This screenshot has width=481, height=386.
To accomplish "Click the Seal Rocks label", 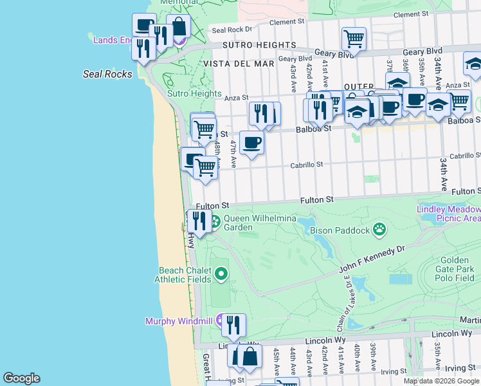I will pyautogui.click(x=107, y=74).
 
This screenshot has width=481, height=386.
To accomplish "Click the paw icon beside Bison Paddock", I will pyautogui.click(x=380, y=228).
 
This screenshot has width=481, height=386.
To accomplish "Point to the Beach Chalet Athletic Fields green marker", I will pyautogui.click(x=221, y=275).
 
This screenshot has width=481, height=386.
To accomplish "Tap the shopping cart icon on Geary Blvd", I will pyautogui.click(x=354, y=39).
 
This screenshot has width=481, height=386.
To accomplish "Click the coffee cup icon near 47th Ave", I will pyautogui.click(x=251, y=142).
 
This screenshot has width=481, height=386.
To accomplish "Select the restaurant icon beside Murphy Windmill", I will pyautogui.click(x=233, y=325).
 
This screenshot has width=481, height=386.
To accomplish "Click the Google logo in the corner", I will pyautogui.click(x=21, y=378).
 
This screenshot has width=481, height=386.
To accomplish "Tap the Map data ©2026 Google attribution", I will pyautogui.click(x=441, y=381).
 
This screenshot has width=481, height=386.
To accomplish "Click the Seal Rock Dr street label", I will pyautogui.click(x=232, y=30).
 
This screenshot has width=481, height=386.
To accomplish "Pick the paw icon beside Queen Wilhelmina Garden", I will pyautogui.click(x=215, y=223).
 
